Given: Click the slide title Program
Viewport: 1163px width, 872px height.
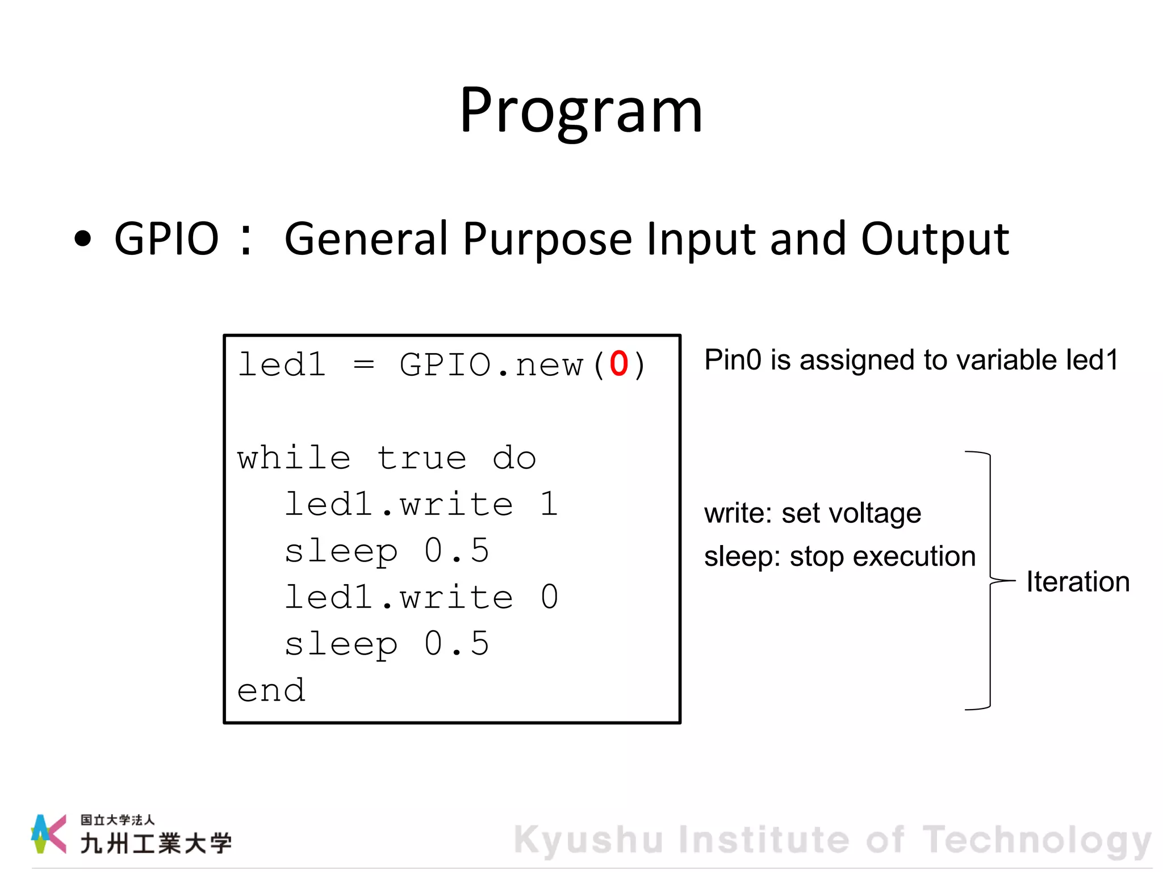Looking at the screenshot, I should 581,111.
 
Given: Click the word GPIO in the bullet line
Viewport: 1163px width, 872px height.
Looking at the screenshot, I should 166,239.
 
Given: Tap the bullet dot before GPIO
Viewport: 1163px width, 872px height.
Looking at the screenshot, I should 83,239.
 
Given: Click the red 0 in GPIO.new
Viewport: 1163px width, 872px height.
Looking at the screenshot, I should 618,364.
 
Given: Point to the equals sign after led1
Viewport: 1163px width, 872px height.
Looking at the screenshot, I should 363,364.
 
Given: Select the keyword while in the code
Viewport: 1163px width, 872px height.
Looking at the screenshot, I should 294,458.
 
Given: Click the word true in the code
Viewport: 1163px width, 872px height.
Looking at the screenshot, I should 421,458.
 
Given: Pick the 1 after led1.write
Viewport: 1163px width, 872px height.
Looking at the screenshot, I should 549,504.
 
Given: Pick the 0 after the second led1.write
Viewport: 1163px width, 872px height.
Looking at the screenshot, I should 549,597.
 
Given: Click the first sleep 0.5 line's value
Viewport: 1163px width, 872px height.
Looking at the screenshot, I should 457,551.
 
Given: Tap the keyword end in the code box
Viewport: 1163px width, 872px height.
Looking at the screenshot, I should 271,691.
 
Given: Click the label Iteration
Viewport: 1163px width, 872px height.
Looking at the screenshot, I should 1077,582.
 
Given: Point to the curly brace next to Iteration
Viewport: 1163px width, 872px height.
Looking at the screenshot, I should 990,580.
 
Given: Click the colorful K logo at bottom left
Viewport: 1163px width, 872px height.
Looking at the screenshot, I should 49,833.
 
